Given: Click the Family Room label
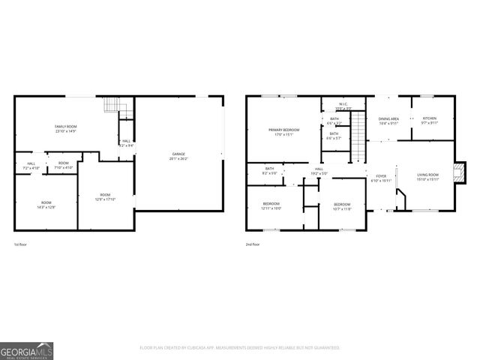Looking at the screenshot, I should click(66, 128).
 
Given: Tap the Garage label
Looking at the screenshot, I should click(178, 156).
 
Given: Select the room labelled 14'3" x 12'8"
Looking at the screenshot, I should click(46, 205).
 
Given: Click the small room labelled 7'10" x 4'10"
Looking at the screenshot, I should click(64, 165).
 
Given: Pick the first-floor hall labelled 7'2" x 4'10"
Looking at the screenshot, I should click(31, 165).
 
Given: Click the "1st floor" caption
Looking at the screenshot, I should click(21, 244).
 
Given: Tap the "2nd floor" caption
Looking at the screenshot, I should click(253, 244).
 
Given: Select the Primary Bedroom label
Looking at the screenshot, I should click(284, 132).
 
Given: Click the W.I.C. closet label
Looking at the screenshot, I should click(342, 106).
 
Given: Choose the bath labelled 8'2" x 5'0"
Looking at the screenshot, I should click(269, 171).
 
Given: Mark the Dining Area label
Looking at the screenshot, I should click(388, 121).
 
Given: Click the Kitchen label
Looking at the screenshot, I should click(429, 121).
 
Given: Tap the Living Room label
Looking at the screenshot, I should click(428, 177).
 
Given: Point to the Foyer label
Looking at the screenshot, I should click(381, 178).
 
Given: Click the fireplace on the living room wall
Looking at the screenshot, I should click(460, 170).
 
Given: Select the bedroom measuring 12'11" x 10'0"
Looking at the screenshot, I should click(271, 205).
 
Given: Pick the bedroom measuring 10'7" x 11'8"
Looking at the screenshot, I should click(342, 206).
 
